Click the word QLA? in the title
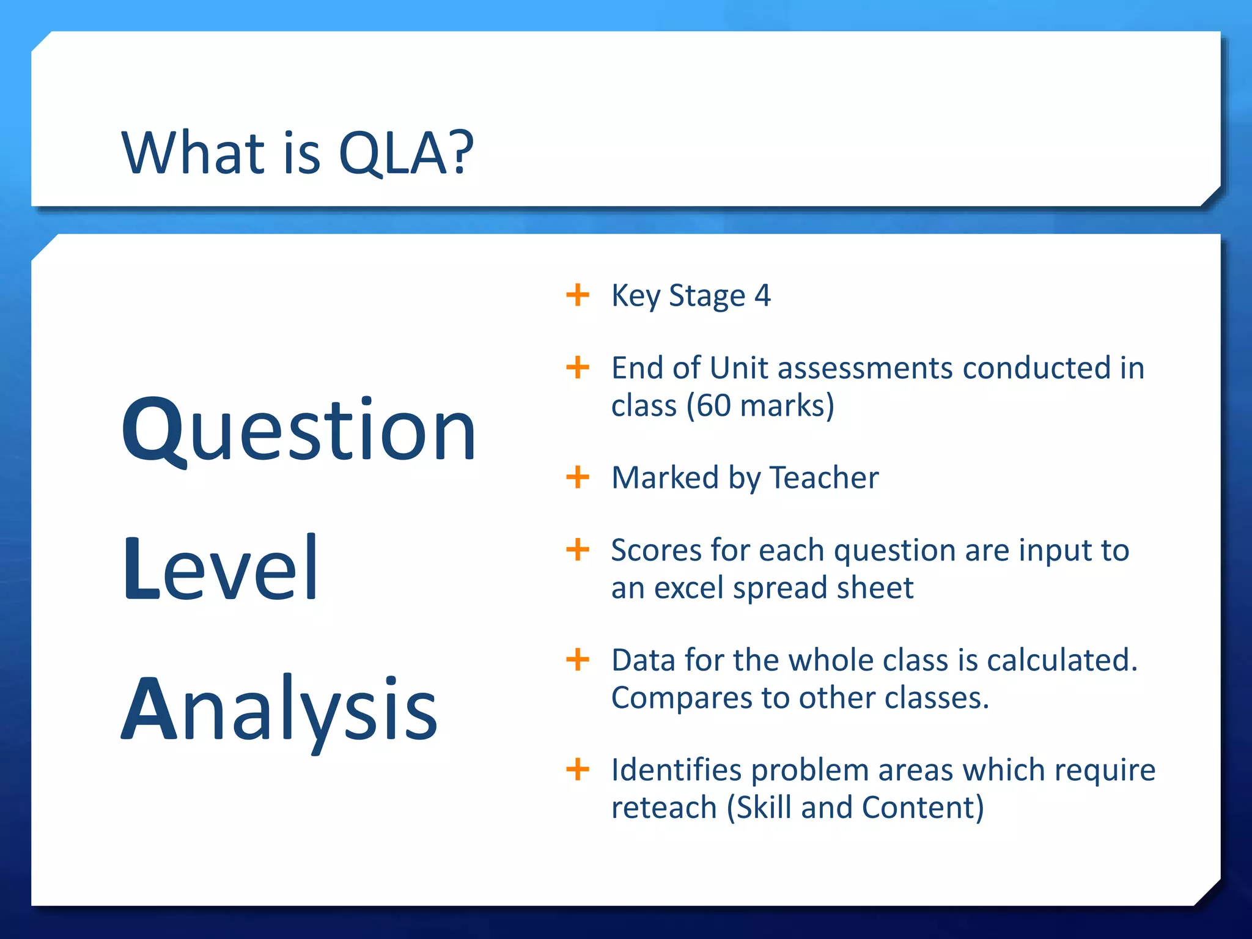tap(406, 153)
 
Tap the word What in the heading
tap(193, 153)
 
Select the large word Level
tap(221, 569)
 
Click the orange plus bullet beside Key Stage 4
tap(578, 295)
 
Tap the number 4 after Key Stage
tap(762, 296)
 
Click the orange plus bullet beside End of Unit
tap(578, 368)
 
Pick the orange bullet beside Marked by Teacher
tap(578, 477)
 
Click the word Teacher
tap(823, 478)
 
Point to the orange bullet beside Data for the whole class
tap(578, 660)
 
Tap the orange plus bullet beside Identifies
tap(578, 770)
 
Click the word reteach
tap(664, 808)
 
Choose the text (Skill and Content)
tap(855, 808)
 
